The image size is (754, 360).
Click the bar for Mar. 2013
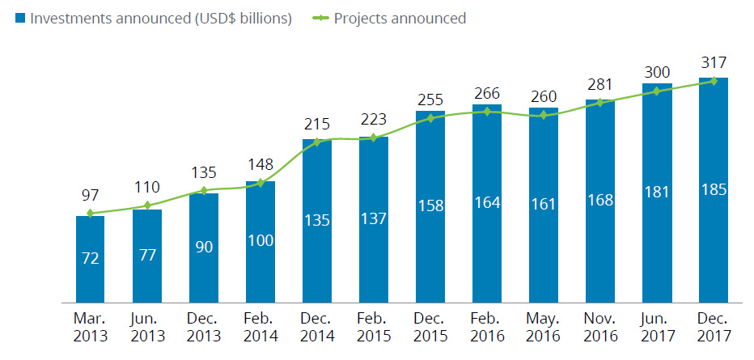(91, 259)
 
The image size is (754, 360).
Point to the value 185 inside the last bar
(714, 189)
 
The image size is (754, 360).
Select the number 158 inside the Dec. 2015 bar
(430, 205)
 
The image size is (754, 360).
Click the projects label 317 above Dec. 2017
(714, 62)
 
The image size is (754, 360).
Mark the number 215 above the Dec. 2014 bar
(317, 125)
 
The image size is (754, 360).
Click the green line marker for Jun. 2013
(147, 205)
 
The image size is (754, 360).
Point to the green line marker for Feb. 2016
(487, 112)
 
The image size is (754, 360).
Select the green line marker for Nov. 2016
(600, 102)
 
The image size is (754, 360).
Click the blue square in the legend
(19, 18)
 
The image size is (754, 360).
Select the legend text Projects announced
(400, 18)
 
